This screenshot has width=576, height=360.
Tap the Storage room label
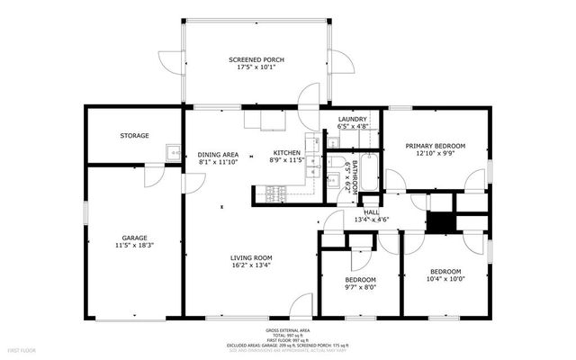(135, 136)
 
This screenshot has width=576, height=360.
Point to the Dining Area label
(218, 155)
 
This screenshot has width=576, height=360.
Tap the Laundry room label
(352, 120)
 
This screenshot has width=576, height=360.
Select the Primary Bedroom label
(435, 146)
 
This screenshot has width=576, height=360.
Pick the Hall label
(372, 212)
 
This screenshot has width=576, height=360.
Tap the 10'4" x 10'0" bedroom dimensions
(445, 279)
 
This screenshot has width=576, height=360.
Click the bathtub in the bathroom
(367, 175)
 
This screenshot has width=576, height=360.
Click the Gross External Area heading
(288, 329)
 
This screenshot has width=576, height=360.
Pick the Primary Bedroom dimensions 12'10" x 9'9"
(435, 154)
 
